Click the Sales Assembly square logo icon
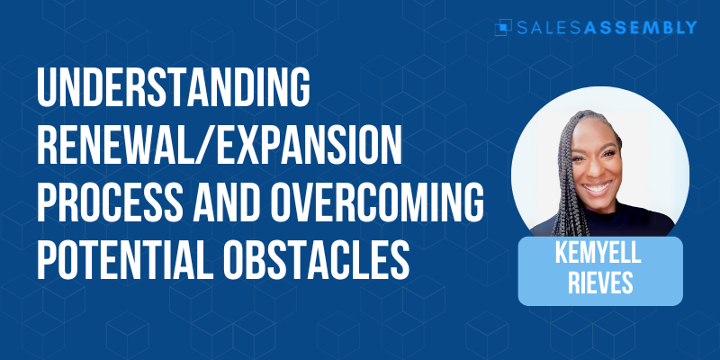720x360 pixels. click(x=503, y=27)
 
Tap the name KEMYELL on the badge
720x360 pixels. click(x=598, y=254)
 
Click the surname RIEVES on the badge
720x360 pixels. click(x=600, y=283)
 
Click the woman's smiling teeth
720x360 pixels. click(x=598, y=188)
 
